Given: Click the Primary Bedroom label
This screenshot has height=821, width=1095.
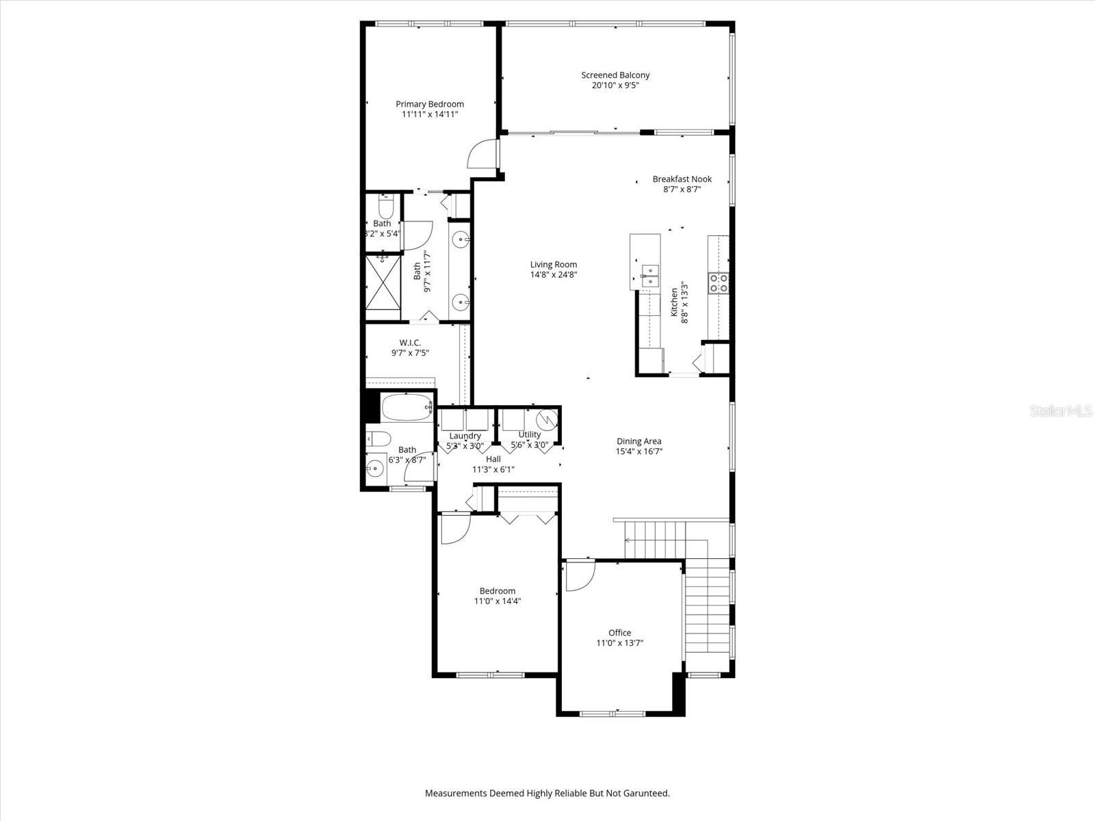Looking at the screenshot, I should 430,104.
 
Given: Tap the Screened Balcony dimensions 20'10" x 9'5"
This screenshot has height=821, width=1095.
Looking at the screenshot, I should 615,86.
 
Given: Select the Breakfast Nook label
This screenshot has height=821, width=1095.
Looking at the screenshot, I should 682,179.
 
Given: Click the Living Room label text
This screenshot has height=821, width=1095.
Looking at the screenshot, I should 554,265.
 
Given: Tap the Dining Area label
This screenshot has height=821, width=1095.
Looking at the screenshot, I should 639,441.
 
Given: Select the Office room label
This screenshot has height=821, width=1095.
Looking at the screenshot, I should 619,633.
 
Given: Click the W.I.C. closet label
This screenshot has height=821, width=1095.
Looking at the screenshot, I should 410,343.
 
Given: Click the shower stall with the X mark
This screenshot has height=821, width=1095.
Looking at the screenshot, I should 383,282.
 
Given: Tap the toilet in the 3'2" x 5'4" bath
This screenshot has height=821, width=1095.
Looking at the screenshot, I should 385,206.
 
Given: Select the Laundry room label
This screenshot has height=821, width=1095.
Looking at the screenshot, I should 465,436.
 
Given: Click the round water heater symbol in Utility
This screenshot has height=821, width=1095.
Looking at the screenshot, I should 547,419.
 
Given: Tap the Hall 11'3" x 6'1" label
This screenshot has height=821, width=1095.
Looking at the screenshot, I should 493,465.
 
